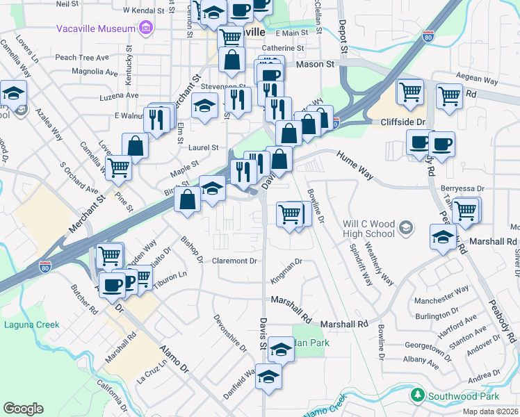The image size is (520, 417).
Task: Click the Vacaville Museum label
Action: click(95, 28)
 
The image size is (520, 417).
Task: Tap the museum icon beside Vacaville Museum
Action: click(146, 28)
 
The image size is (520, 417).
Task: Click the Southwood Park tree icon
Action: click(417, 395)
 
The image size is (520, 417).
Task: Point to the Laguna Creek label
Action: click(32, 325)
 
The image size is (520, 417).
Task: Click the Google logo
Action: click(23, 409)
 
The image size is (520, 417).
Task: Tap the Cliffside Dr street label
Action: click(403, 122)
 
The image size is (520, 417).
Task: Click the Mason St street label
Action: click(316, 64)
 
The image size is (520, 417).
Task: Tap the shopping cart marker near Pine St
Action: click(119, 167)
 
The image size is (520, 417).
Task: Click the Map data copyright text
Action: click(491, 411)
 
